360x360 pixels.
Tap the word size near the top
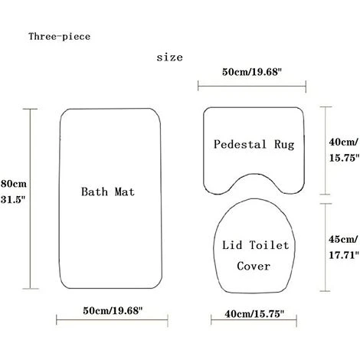coord(169,57)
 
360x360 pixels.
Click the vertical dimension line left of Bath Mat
coord(31,198)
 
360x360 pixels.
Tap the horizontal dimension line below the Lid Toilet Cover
coord(252,324)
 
